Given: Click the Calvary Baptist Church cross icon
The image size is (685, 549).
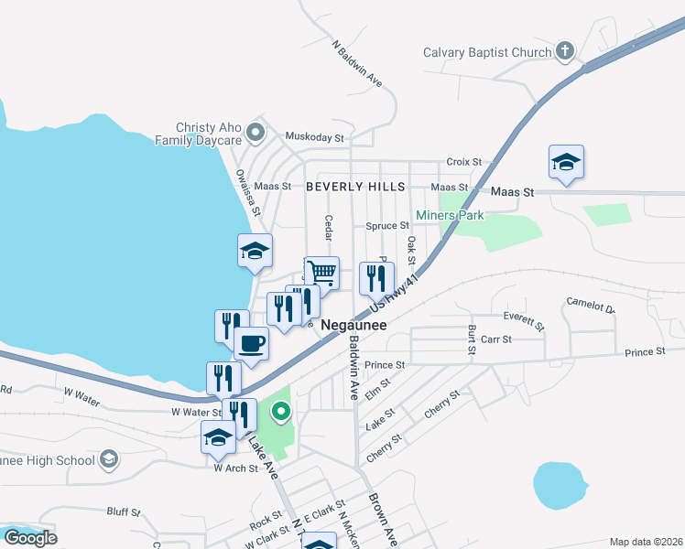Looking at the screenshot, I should (565, 51).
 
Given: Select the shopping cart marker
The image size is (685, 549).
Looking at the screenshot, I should (321, 273).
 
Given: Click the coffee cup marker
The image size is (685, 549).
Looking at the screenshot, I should (251, 344).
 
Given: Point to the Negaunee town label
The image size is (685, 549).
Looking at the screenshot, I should (353, 325).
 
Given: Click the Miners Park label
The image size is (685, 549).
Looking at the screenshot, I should (450, 215).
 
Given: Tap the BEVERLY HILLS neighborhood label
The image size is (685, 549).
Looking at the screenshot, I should (355, 186).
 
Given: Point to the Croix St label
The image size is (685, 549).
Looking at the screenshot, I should (463, 162).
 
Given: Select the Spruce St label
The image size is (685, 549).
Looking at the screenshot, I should (386, 225).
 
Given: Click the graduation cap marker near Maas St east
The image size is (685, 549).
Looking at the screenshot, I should (566, 163).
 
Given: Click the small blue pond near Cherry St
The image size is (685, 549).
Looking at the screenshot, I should (560, 485).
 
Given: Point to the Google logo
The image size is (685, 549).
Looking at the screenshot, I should (30, 538).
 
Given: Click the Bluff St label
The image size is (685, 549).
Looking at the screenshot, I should (123, 512).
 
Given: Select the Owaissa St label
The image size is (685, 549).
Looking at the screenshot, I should (247, 192).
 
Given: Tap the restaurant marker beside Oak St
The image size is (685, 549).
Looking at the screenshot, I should (376, 278).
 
